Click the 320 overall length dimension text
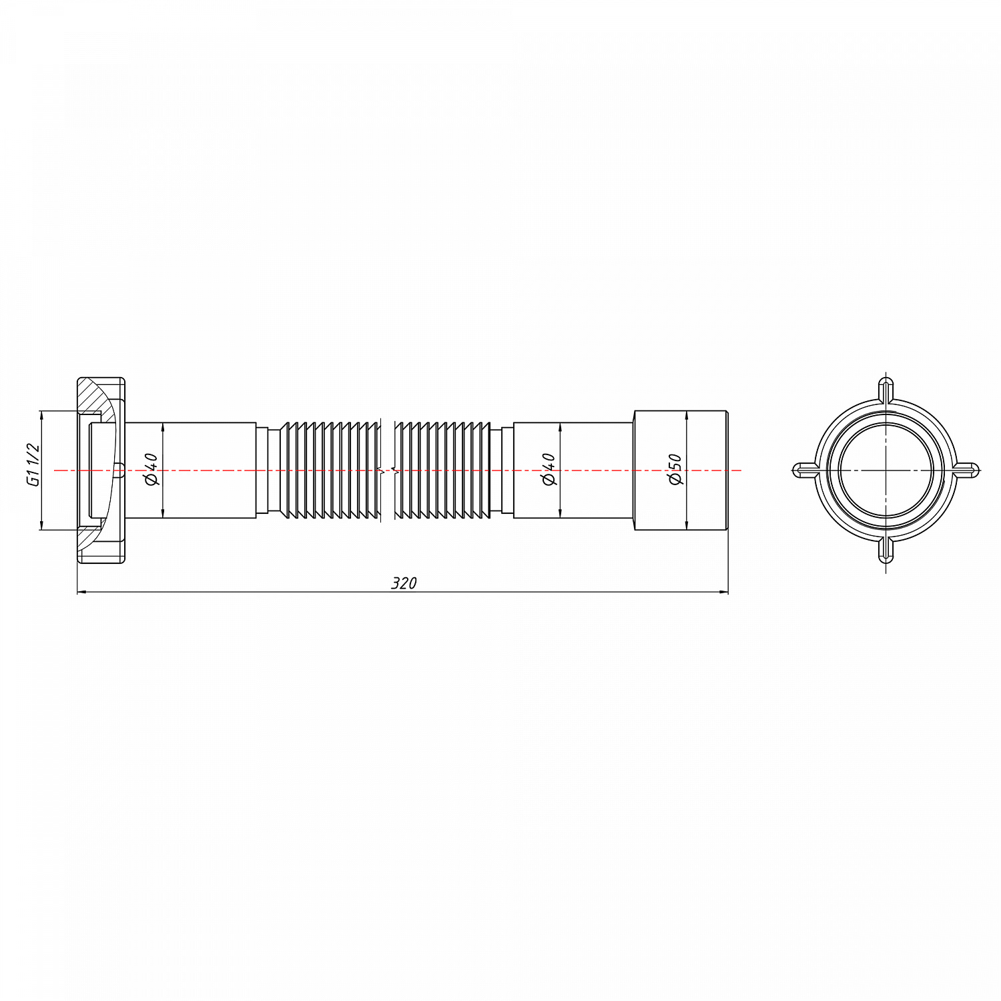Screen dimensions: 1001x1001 (x=404, y=583)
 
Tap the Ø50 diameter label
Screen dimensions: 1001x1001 (x=675, y=470)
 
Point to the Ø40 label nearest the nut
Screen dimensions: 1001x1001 (x=151, y=470)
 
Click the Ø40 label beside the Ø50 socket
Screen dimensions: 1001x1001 (x=549, y=470)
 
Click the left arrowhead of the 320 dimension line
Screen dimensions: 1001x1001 (x=82, y=591)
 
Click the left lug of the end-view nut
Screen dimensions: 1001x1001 (x=804, y=470)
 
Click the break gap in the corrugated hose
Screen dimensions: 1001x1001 (x=389, y=470)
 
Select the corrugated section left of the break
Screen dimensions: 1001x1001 (x=330, y=470)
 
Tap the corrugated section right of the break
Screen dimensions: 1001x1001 (x=444, y=470)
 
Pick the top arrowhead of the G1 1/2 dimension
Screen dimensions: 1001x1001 (x=41, y=415)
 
